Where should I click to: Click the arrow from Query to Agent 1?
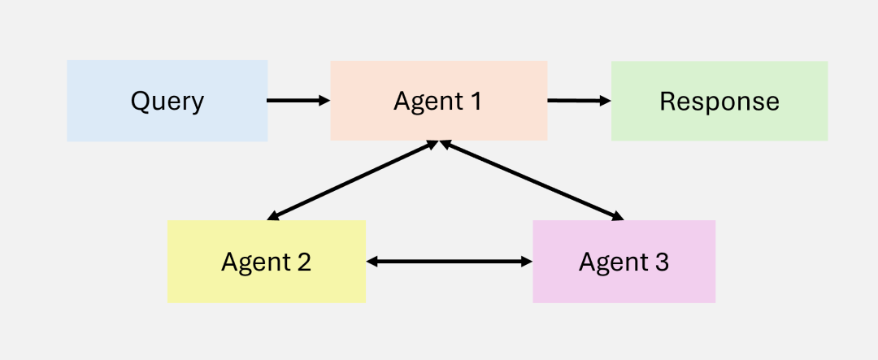[297, 101]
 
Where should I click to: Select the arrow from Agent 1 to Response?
[577, 101]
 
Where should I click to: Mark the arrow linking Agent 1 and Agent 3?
[532, 180]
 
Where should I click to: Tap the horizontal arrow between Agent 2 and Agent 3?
[449, 262]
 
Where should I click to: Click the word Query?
[167, 102]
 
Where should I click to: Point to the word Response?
[719, 102]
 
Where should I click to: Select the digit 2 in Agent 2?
[303, 262]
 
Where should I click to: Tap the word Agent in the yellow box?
[253, 263]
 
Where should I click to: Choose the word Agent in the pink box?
[611, 263]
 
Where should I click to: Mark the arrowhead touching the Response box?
[606, 101]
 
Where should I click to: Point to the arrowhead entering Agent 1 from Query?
[325, 101]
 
